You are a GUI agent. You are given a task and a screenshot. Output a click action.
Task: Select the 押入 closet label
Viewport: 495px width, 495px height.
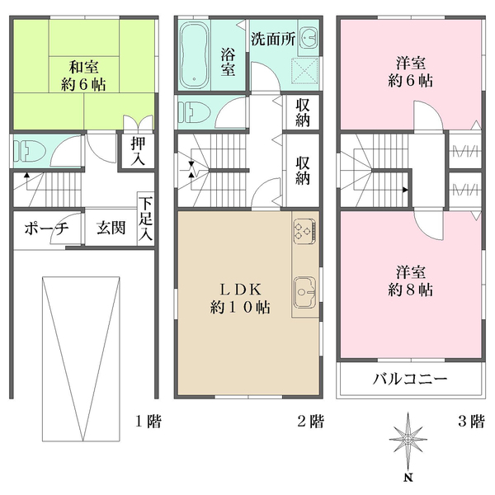click(x=139, y=151)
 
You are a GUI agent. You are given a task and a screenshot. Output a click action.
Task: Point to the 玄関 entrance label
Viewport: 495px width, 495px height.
click(x=111, y=229)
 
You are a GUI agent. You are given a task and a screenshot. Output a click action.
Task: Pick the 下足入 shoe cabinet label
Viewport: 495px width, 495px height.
click(x=145, y=219)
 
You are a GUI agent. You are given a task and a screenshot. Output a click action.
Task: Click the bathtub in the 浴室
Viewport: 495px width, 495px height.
click(x=195, y=54)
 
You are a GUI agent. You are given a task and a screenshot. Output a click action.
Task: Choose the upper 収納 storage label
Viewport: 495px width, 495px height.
click(x=303, y=113)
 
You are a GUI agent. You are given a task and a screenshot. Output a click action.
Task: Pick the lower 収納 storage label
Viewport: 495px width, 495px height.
click(x=303, y=170)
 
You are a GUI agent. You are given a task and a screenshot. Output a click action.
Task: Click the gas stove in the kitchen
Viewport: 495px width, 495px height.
click(x=304, y=231)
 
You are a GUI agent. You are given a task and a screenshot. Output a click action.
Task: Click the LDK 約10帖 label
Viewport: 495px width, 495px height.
click(x=241, y=298)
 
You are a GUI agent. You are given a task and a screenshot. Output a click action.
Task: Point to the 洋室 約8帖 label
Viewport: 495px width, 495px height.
click(x=410, y=280)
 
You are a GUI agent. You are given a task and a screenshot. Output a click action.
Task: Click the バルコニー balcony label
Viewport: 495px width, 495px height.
click(x=410, y=380)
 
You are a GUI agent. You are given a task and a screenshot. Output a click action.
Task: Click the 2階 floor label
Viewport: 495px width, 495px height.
click(x=310, y=422)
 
